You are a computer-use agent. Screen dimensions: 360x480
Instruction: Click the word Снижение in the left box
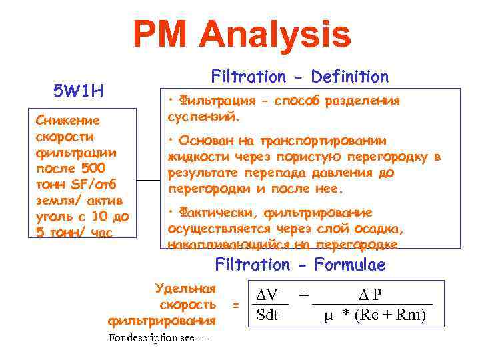point(68,121)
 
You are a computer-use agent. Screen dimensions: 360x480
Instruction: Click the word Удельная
point(185,288)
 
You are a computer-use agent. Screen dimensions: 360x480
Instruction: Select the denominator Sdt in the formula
point(267,315)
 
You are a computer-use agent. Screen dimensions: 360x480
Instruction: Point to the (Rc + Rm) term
point(391,315)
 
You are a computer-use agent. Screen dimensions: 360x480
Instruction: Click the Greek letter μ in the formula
point(327,315)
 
